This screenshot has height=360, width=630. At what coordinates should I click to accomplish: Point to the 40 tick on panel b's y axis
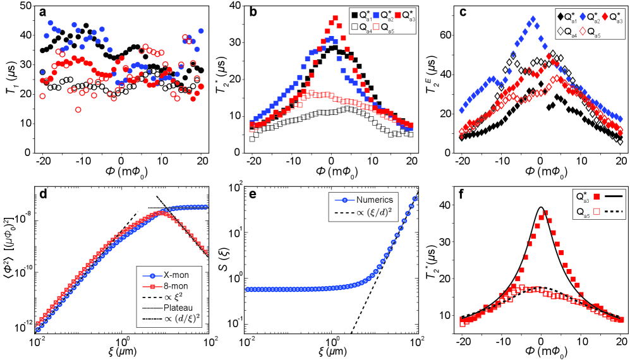235,6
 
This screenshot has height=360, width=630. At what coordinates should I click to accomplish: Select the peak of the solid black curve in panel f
541,207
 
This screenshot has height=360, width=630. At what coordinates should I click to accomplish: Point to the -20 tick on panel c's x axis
460,161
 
